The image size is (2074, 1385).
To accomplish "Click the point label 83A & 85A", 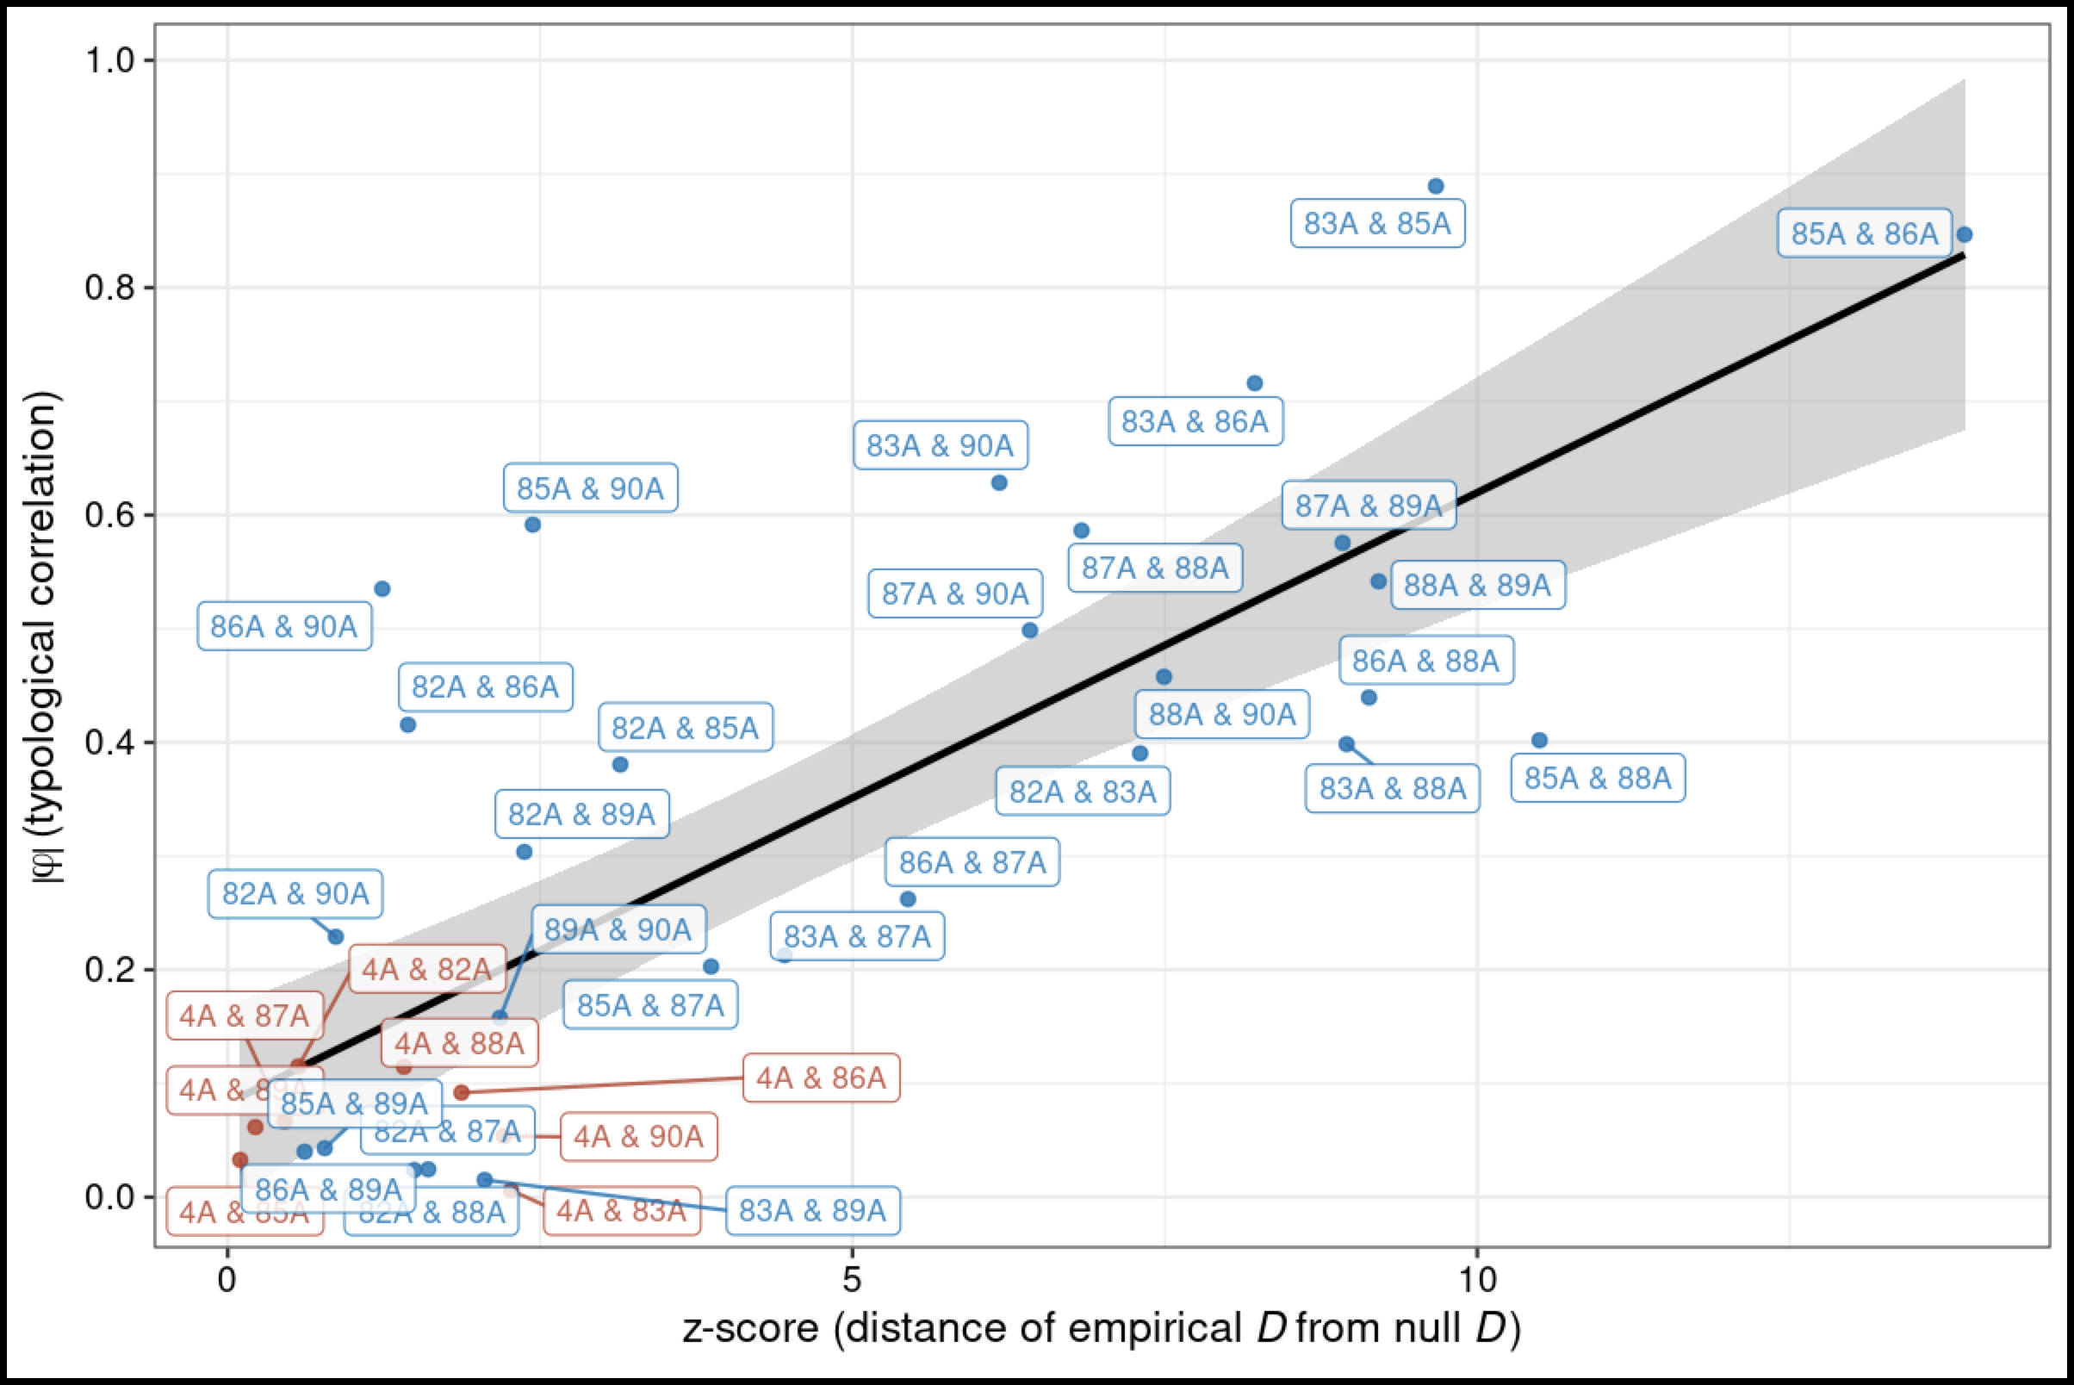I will pos(1377,223).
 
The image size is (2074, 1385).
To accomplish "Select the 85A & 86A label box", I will pos(1864,233).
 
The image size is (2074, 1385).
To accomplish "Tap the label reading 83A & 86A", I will pos(1195,421).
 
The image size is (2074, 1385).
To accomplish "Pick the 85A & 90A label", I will pos(590,488).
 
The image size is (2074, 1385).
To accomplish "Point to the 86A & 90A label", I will pos(283,626).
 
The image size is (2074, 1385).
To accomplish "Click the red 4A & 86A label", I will pos(821,1078).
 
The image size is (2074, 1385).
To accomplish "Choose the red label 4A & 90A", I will pos(638,1136).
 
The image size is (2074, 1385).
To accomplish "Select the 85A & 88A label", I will pos(1597,778).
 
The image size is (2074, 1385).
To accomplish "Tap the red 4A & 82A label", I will pos(426,969).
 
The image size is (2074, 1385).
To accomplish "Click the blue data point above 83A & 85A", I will pos(1436,186).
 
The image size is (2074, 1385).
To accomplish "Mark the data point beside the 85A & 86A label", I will pos(1965,234).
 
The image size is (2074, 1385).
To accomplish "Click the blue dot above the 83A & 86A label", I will pos(1254,383).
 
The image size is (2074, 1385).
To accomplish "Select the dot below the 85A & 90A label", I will pos(532,525).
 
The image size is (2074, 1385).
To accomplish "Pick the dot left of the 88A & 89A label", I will pos(1378,581).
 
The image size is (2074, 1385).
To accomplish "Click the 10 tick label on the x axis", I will pos(1476,1278).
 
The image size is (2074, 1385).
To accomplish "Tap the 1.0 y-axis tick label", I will pos(109,60).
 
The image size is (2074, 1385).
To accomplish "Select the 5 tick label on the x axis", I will pos(852,1278).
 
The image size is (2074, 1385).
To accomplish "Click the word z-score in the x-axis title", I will pos(750,1328).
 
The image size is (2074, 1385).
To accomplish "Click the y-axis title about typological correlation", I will pos(44,636).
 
